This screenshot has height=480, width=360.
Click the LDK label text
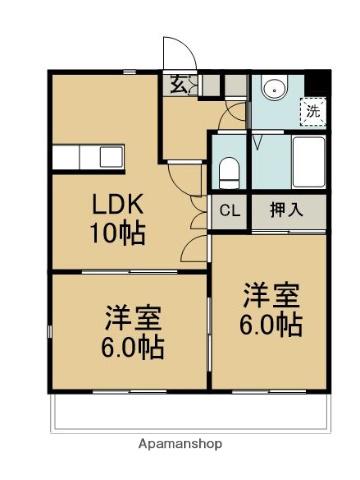point(118,205)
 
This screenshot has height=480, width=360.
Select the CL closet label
point(229,211)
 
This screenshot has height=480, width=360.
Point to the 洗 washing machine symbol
point(312,110)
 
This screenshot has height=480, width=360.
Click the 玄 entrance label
point(177,85)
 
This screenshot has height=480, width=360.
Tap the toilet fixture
point(229,172)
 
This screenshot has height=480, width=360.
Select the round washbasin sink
point(273,88)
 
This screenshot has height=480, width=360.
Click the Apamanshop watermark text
point(180,443)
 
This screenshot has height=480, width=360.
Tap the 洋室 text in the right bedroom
point(270,296)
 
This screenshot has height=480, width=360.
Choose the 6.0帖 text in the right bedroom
point(270,324)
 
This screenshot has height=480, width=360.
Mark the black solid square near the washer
point(318,85)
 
